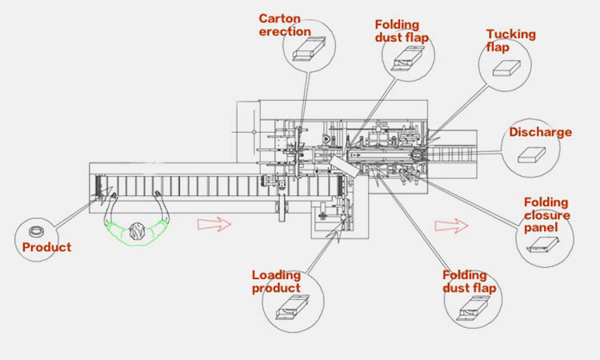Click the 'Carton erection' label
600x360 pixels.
284,24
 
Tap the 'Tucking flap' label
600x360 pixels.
511,40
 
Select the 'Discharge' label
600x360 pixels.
540,132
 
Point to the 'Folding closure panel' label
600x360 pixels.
547,215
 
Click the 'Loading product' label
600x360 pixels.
276,282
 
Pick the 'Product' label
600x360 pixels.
46,247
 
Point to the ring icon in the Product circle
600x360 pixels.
37,232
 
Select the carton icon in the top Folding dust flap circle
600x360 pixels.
408,58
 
